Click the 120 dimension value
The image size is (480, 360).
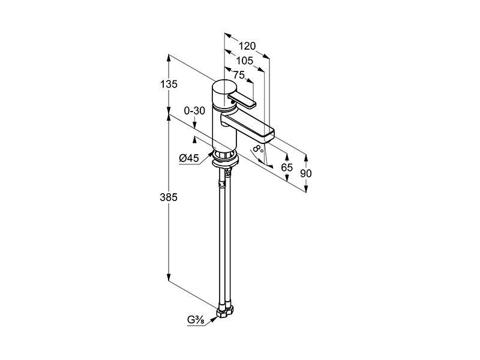(247, 46)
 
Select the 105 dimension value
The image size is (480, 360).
(245, 61)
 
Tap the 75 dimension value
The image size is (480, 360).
(239, 74)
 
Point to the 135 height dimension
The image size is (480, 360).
(169, 84)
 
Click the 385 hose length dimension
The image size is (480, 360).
(169, 197)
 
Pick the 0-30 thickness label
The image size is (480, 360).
(194, 110)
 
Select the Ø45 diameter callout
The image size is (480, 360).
(189, 158)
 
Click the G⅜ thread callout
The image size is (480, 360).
(196, 320)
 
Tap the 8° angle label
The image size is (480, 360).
(258, 149)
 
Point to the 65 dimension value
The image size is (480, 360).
(287, 167)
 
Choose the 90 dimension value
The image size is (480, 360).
(306, 173)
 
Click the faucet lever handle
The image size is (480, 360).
(242, 100)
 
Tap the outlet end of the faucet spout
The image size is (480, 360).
(269, 135)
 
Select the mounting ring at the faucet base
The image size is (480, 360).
(225, 160)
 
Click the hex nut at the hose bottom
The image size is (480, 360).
(224, 311)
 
